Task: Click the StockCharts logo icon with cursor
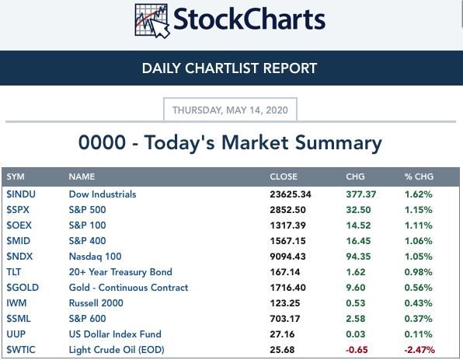point(152,21)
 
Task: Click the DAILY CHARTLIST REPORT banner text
point(229,68)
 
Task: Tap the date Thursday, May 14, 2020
point(230,110)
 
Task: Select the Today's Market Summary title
point(230,143)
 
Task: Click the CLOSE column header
point(284,177)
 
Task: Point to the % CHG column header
point(419,177)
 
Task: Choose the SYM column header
point(16,177)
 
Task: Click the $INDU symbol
point(21,194)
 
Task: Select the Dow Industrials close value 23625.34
point(291,194)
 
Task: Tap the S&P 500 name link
point(87,210)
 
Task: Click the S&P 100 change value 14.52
point(358,225)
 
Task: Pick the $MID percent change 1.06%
point(419,241)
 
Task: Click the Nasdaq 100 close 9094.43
point(287,257)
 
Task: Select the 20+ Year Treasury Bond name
point(120,272)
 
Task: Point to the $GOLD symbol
point(23,288)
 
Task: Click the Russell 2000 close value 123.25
point(285,303)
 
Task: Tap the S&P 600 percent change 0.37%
point(419,319)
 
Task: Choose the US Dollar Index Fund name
point(115,334)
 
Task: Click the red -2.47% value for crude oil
point(419,350)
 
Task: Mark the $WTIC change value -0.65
point(357,350)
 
